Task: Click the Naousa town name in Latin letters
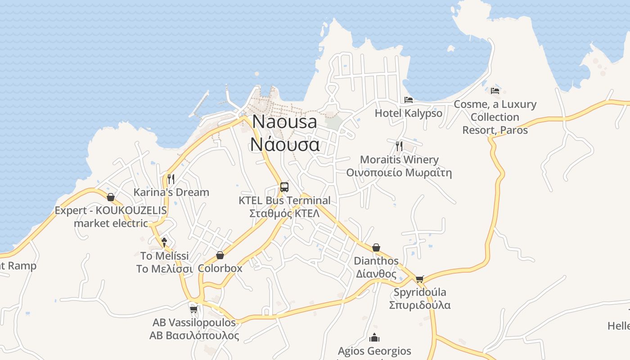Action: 285,121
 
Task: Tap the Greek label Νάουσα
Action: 285,144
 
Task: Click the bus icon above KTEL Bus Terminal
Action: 284,187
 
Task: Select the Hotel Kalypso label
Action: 409,113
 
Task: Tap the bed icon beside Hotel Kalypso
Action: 409,99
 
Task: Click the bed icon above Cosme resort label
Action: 495,90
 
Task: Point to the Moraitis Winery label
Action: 399,160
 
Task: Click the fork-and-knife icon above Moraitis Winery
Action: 399,146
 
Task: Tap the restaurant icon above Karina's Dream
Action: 171,179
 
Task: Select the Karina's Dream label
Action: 171,192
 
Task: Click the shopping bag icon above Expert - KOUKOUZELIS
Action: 111,197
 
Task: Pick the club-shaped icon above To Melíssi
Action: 164,242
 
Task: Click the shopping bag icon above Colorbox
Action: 220,256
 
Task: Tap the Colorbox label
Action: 220,269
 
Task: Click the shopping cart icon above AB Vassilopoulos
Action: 194,309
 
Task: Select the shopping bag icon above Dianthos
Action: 376,247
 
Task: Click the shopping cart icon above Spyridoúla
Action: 420,279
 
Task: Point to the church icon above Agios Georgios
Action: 374,337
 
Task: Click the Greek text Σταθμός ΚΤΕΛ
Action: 284,213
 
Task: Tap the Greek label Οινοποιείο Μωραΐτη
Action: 399,173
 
